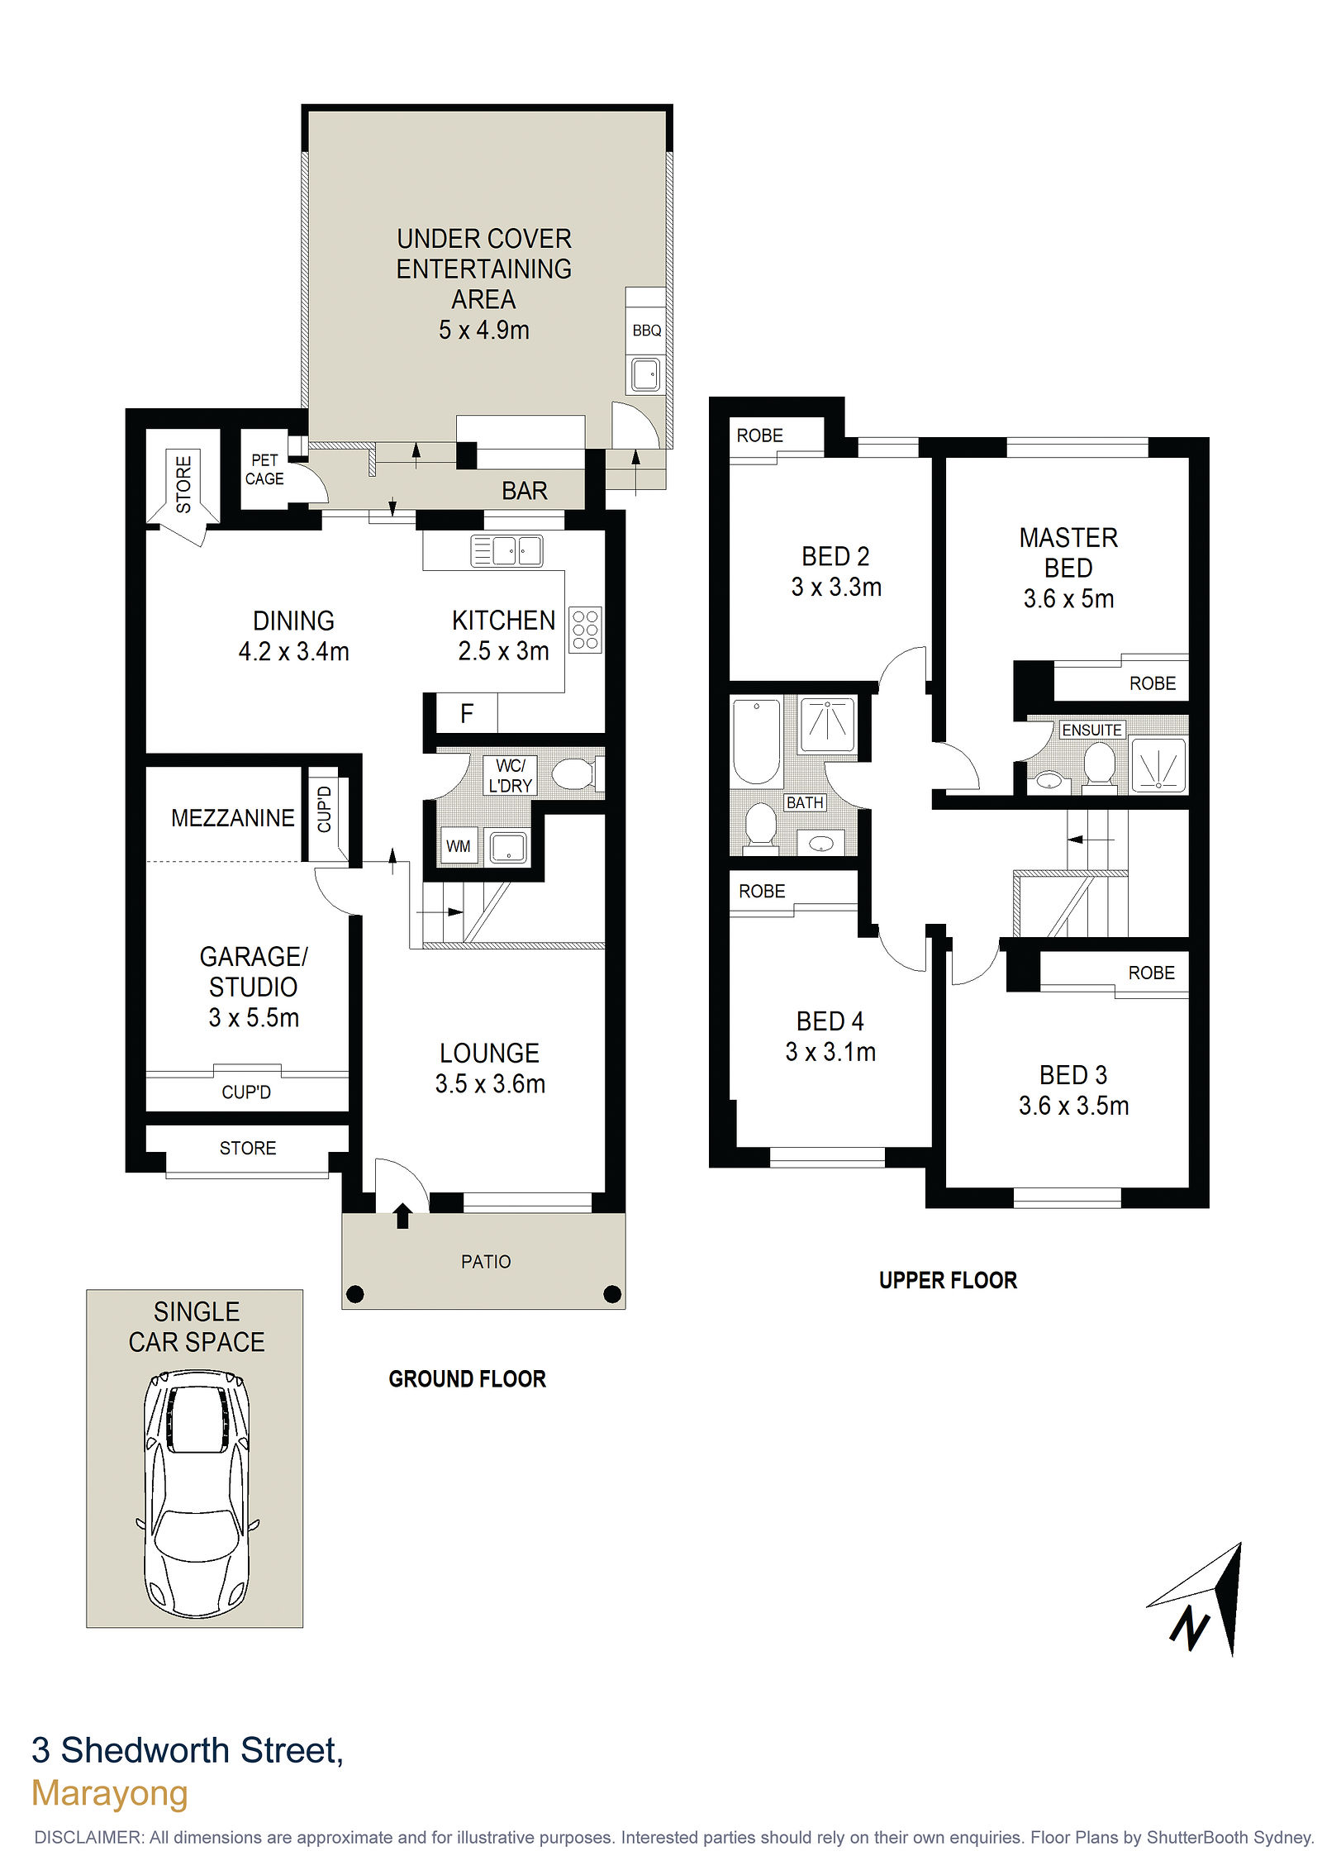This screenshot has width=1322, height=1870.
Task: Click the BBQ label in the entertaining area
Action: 646,331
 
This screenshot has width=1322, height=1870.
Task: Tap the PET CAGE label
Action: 264,469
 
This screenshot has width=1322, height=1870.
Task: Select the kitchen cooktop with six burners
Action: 585,630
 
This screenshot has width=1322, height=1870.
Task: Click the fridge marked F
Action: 467,713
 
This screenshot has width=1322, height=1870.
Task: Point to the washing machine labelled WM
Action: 459,846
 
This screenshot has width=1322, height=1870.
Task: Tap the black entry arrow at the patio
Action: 402,1216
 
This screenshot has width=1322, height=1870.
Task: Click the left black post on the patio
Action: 354,1294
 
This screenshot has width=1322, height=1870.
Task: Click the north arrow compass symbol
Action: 1203,1599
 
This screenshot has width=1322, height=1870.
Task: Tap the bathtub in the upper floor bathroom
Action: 756,741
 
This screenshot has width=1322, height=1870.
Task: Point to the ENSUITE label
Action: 1091,730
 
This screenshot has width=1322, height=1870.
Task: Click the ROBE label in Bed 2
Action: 759,435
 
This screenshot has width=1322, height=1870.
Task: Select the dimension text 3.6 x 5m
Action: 1068,598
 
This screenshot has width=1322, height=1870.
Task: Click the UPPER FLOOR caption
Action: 948,1281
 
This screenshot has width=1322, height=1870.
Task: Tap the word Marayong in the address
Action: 110,1793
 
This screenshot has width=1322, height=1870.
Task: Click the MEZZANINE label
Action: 232,818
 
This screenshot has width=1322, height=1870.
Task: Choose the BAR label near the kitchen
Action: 524,491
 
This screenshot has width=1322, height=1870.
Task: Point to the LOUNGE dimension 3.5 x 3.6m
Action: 490,1083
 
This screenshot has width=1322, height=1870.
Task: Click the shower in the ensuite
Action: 1158,764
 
